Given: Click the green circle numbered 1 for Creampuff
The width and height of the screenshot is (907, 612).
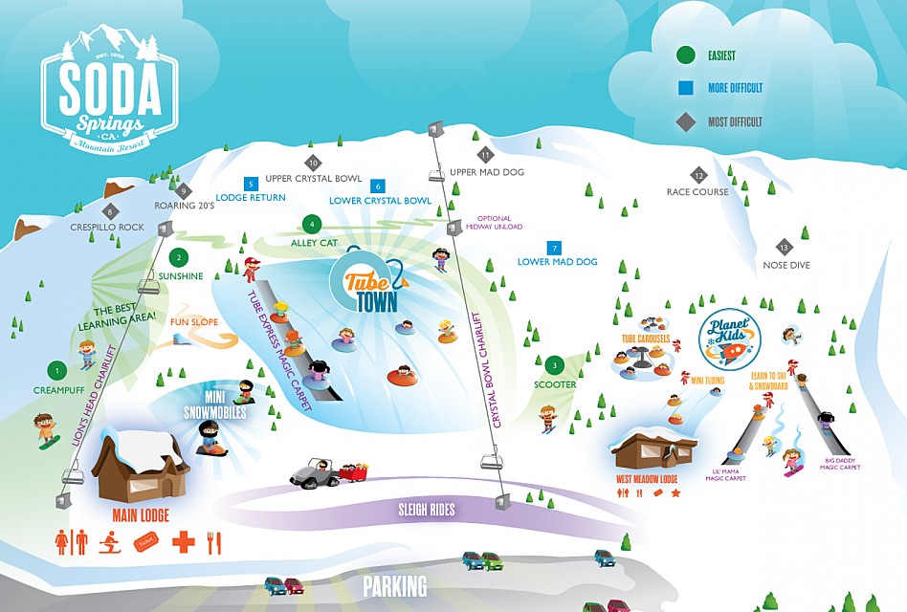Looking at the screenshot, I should click(x=57, y=370).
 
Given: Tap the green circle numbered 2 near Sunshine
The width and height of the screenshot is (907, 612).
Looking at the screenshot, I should click(x=178, y=257).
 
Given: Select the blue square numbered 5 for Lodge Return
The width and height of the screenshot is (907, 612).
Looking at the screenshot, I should click(x=251, y=184).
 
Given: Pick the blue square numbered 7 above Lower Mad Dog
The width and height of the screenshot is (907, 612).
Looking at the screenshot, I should click(x=553, y=248).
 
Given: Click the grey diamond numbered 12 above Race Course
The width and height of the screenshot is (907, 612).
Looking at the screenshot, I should click(x=699, y=175).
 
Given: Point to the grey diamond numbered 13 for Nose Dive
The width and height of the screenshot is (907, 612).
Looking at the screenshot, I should click(x=785, y=247).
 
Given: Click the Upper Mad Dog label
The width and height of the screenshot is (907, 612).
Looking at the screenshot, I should click(x=487, y=172).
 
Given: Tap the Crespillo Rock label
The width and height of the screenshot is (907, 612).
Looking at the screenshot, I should click(x=107, y=227).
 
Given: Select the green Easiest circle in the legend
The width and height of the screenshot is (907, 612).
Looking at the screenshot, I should click(x=684, y=55).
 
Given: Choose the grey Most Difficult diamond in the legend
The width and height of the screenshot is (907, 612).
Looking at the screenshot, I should click(x=684, y=121).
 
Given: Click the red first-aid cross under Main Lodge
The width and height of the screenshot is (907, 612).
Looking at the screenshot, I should click(x=183, y=542).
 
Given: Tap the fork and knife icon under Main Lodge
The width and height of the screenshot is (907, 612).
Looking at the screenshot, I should click(x=214, y=542).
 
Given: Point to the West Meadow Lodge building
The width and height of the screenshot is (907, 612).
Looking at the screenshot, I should click(x=654, y=453).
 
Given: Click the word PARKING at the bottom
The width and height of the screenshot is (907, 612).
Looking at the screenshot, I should click(x=395, y=585).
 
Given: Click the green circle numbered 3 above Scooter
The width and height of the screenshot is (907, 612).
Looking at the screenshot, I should click(x=553, y=365).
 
